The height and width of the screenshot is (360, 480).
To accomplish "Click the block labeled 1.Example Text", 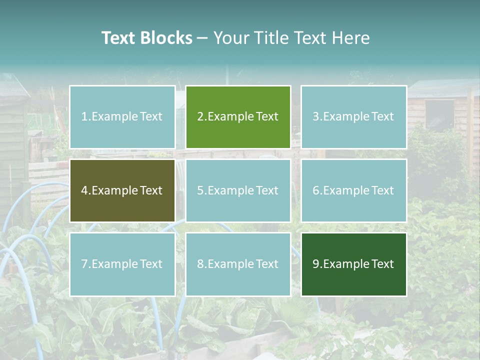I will (122, 117).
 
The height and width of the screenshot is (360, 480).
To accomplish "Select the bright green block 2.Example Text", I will (238, 117).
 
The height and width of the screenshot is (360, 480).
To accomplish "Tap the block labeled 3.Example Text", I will (353, 117).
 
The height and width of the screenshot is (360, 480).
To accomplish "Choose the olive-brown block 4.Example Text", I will (122, 190).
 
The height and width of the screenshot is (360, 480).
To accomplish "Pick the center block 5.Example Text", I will (238, 190).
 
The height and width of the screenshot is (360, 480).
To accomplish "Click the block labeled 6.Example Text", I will (353, 190).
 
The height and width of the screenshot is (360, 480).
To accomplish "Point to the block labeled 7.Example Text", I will (122, 264).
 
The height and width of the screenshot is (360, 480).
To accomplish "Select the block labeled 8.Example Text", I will (238, 264).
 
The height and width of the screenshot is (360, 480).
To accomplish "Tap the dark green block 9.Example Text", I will (353, 264).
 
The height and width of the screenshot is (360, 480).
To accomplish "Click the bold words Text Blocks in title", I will (146, 38).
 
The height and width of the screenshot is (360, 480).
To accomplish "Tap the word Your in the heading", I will (230, 38).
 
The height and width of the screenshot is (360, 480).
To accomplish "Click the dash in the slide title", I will (202, 38).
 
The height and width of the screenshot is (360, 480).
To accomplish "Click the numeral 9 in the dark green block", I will (316, 264).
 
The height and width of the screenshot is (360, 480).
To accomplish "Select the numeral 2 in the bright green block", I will (200, 117).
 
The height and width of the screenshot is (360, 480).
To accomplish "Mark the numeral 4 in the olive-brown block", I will (84, 190).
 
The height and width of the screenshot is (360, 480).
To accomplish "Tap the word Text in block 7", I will (151, 264).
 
